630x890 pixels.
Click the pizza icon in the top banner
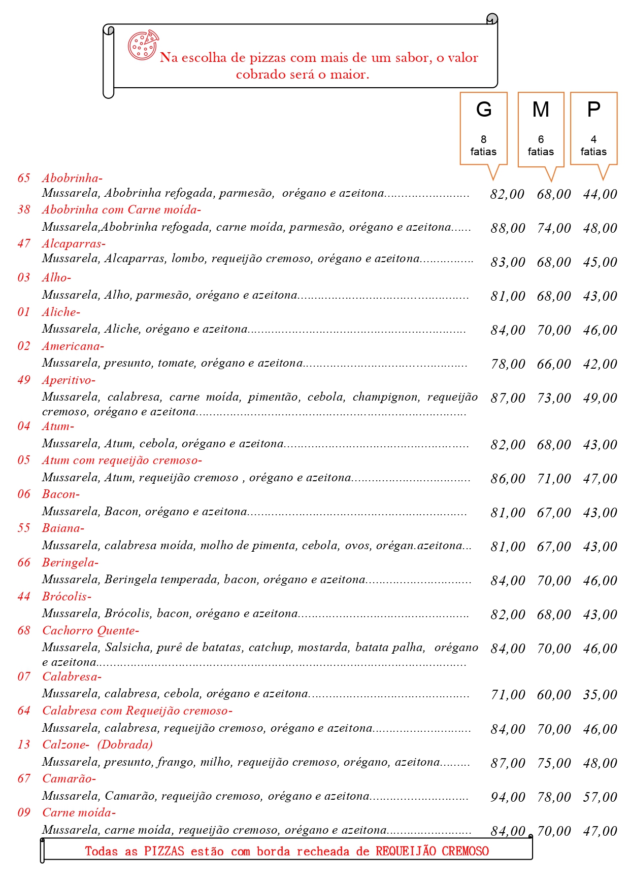(143, 45)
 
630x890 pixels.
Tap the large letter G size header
(484, 110)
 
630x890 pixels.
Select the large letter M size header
(541, 110)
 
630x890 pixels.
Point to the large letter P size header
(593, 110)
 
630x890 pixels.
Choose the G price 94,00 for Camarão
(508, 797)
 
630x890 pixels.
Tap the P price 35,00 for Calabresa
(600, 695)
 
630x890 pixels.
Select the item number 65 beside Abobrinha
(24, 178)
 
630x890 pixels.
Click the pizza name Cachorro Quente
(90, 630)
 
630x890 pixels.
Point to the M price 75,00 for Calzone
(554, 763)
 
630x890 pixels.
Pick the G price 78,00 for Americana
(508, 364)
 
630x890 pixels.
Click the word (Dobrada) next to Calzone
(125, 744)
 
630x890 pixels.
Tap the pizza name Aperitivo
(69, 380)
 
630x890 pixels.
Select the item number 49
(24, 380)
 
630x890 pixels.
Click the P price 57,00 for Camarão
(600, 797)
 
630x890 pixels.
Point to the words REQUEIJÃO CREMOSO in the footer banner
(432, 851)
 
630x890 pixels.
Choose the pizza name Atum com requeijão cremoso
(122, 460)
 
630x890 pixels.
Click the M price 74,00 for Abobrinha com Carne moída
(554, 228)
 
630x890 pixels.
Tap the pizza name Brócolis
(67, 596)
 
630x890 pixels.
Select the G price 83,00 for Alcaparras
(508, 262)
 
